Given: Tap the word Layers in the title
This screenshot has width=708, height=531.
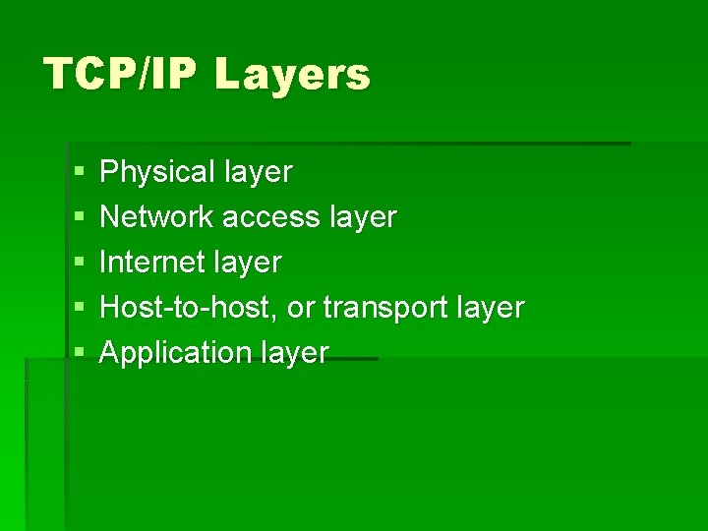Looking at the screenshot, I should (x=292, y=75).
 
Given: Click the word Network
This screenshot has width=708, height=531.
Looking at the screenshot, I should (x=157, y=216).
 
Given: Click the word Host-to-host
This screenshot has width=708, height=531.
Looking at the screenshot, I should (x=193, y=308).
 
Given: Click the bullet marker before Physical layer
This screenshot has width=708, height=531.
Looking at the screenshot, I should (x=79, y=173).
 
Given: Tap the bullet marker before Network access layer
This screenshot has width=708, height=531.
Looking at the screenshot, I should (x=79, y=217).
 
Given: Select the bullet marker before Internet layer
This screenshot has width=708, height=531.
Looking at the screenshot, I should (x=79, y=263).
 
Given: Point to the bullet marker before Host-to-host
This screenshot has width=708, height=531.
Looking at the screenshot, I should (x=79, y=308).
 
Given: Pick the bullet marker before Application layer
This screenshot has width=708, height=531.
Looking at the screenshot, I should (x=79, y=352).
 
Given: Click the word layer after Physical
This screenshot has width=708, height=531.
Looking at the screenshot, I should (x=258, y=173).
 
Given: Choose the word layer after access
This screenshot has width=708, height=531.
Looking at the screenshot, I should (x=362, y=217).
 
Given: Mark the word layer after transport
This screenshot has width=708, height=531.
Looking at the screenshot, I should (x=490, y=309).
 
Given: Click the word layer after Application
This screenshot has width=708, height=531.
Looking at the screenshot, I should (x=293, y=353).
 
